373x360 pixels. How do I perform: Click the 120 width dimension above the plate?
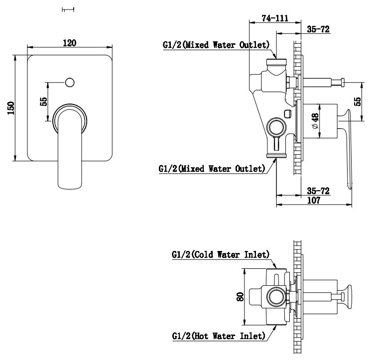(70, 43)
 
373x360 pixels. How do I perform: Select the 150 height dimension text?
(11, 108)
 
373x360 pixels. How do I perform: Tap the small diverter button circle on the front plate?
(70, 81)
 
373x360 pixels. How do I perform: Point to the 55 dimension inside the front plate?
(44, 102)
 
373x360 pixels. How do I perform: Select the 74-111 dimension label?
(275, 18)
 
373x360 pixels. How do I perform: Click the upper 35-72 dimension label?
(318, 30)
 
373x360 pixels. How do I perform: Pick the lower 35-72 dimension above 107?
(318, 191)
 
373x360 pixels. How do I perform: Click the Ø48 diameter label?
(315, 121)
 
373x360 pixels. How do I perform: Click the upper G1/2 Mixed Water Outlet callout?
(216, 45)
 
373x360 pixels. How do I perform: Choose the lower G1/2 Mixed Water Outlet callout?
(211, 168)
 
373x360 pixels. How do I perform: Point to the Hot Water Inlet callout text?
(218, 336)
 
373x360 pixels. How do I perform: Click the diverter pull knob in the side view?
(344, 82)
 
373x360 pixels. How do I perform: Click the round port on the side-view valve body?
(275, 127)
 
